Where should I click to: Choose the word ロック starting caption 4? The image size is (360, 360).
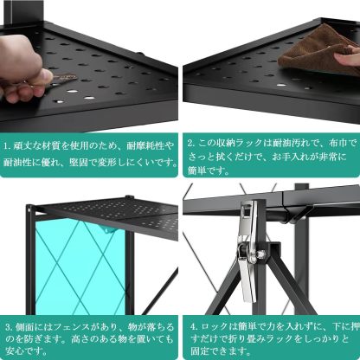[x=210, y=328]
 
